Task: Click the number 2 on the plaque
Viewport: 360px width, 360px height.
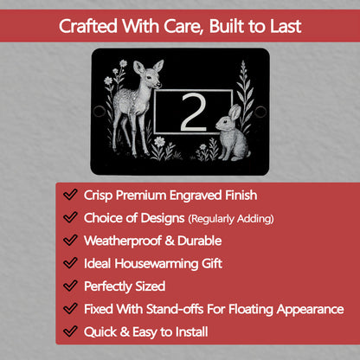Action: (192, 112)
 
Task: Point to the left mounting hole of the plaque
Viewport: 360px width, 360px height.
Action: (100, 112)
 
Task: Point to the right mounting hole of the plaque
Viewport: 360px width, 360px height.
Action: (260, 112)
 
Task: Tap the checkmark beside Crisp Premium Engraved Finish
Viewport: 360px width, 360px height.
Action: (69, 196)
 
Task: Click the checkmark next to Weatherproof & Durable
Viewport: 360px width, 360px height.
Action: (69, 241)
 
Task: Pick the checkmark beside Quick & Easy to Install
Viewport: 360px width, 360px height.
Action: (69, 331)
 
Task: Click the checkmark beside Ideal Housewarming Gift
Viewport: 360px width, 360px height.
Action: (69, 263)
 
